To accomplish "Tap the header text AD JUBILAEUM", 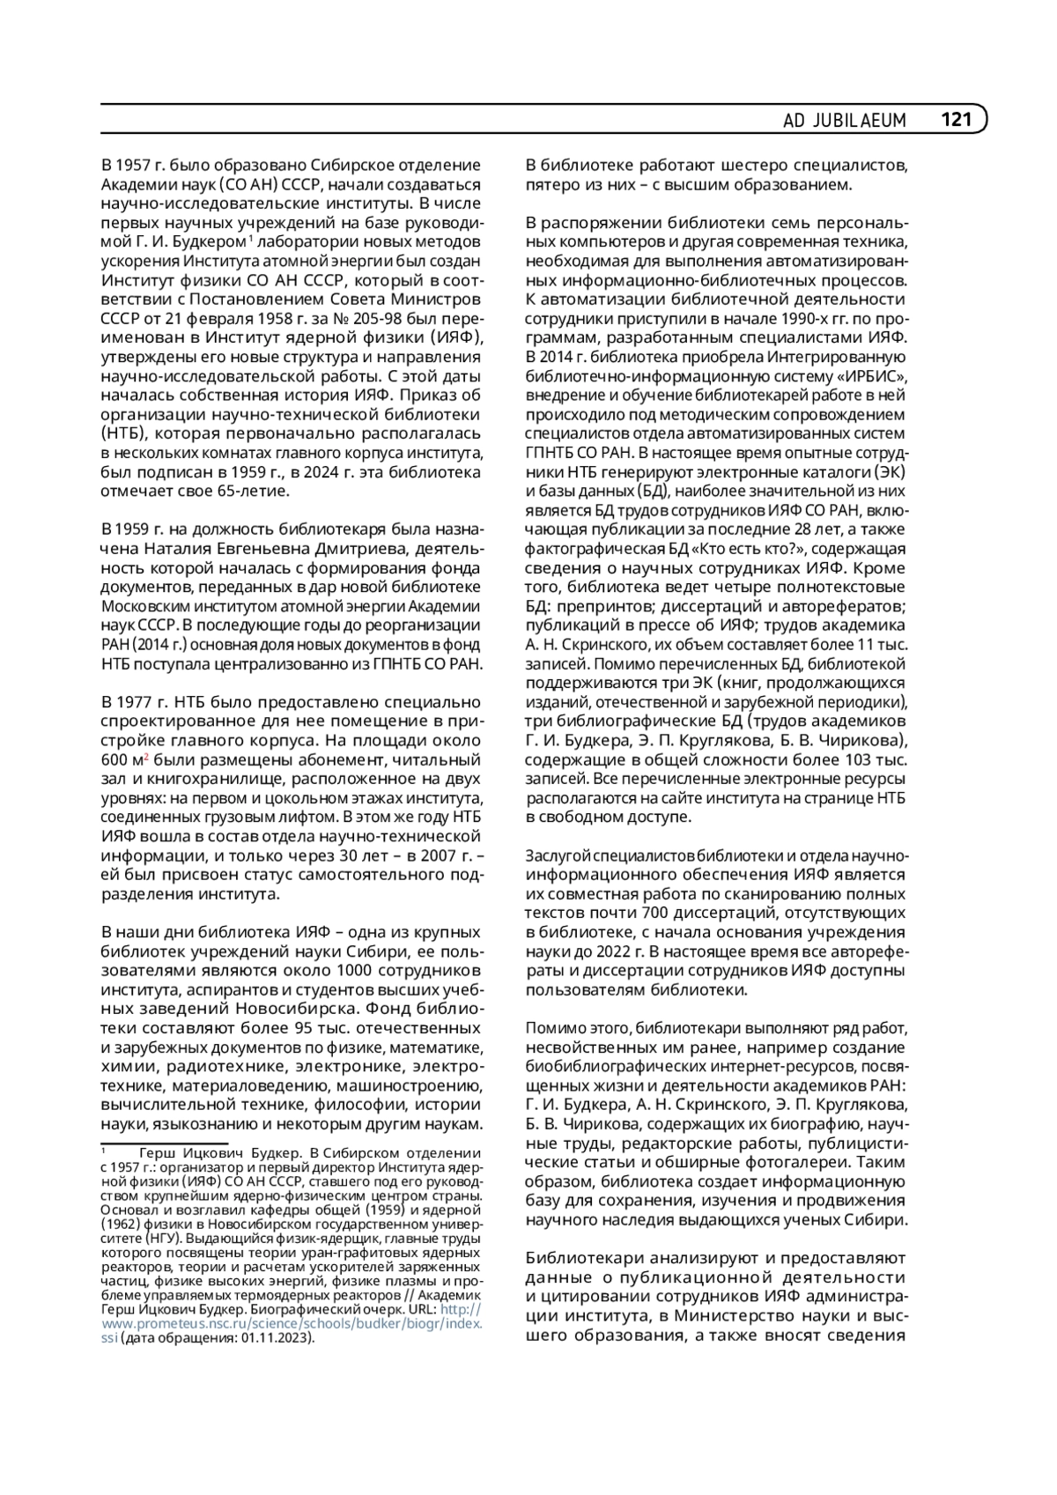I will pyautogui.click(x=844, y=121).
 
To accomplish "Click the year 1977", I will pyautogui.click(x=139, y=702).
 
